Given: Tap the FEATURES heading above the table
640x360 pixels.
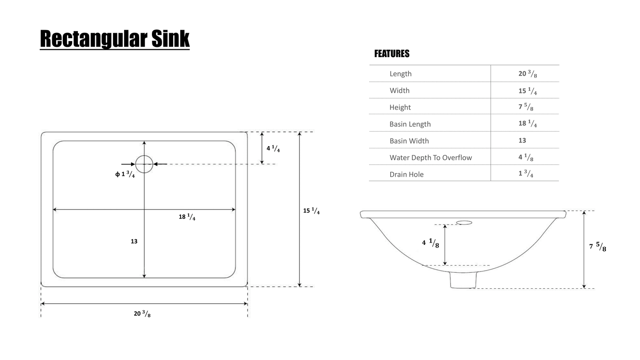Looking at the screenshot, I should point(392,54).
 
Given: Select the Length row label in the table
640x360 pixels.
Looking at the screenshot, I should point(400,74).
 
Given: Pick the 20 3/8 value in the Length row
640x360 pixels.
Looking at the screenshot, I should point(527,74).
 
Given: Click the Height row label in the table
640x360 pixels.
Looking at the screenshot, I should point(400,108).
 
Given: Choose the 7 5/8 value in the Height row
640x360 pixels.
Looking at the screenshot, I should point(526,108).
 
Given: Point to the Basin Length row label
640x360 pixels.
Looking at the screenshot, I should point(410,124).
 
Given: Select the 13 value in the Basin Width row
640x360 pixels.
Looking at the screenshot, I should point(522,140).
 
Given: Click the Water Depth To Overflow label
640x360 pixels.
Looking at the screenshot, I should point(431,158).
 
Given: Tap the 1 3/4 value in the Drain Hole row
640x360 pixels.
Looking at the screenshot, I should point(526,174).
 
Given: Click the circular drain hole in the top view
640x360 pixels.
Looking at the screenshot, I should point(144,164).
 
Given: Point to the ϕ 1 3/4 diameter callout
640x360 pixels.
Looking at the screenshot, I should point(125,174).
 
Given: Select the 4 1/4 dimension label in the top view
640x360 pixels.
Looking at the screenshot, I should point(273,149).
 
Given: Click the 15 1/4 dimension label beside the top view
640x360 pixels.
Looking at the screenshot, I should point(311,211).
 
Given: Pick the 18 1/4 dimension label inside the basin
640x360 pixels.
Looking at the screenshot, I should point(187,217).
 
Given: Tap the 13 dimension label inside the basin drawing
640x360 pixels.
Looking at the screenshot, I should point(134,241).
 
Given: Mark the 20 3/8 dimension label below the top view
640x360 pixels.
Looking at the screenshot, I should point(142,314).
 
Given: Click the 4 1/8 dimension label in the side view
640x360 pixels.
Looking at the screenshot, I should point(431,243).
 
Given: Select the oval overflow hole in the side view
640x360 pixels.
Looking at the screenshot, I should point(464,223).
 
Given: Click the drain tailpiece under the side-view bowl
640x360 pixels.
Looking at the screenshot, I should point(463,280).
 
